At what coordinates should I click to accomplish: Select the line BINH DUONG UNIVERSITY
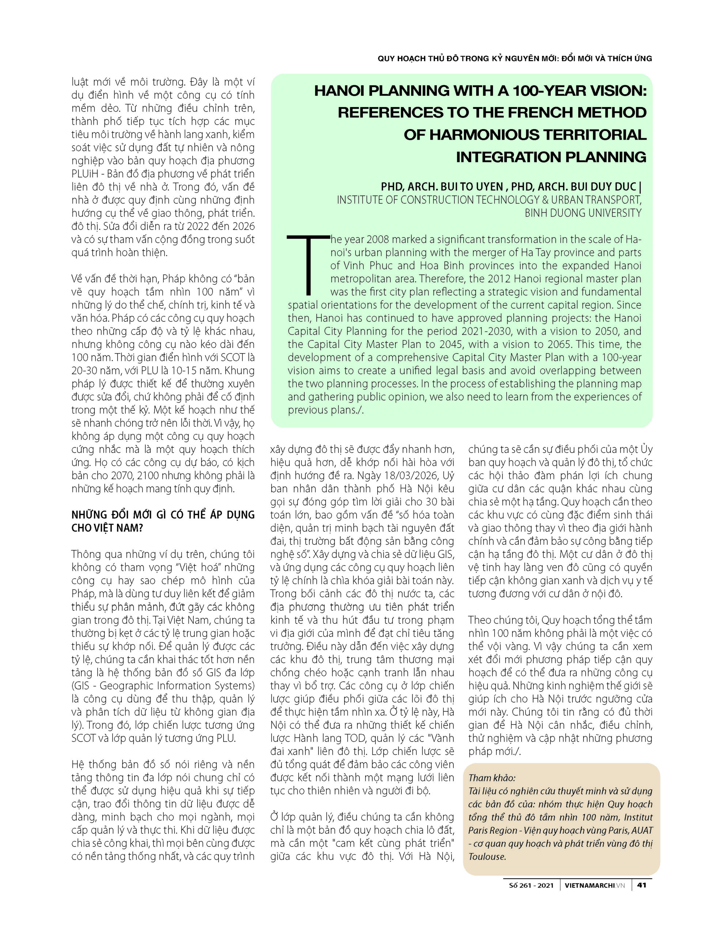pyautogui.click(x=583, y=213)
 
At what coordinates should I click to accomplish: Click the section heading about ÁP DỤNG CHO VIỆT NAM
pyautogui.click(x=163, y=521)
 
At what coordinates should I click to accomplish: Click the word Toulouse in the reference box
pyautogui.click(x=487, y=856)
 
